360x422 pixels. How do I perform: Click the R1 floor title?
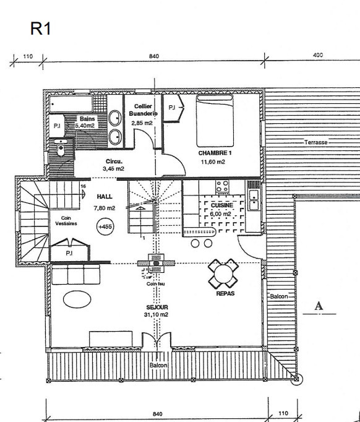40,29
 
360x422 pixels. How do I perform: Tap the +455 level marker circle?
105,226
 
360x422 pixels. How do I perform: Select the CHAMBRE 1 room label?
215,153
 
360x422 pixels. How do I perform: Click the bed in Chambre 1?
215,121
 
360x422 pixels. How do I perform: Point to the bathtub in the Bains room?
71,103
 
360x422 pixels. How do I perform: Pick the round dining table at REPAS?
223,273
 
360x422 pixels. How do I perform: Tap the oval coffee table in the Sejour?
77,299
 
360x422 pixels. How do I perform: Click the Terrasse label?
316,142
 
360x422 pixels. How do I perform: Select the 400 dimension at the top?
318,55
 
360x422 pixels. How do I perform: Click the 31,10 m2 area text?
156,314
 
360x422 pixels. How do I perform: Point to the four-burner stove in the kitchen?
222,187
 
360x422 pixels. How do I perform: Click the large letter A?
319,306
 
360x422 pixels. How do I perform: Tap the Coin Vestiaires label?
66,221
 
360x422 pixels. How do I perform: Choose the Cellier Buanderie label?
143,110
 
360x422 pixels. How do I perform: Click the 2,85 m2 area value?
142,123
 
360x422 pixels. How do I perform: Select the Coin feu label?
155,283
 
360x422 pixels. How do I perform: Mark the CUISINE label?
222,205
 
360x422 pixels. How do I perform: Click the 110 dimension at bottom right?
283,413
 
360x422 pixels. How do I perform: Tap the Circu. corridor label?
114,161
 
